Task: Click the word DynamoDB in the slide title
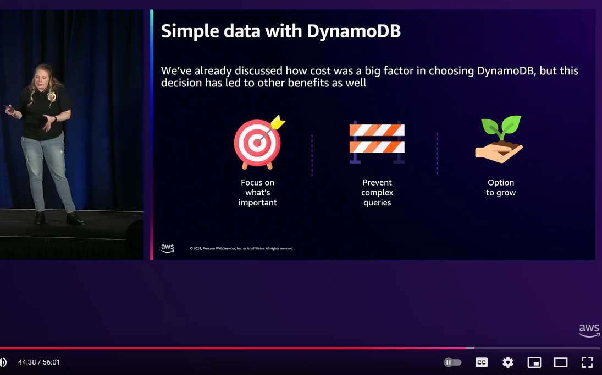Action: (x=354, y=31)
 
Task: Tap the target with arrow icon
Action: (x=259, y=142)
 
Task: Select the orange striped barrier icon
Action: (x=377, y=142)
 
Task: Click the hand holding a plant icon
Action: (x=499, y=139)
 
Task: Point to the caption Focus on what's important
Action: (x=258, y=192)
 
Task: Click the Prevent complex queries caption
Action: (x=377, y=192)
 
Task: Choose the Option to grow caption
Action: (x=501, y=187)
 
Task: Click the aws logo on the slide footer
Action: (x=167, y=248)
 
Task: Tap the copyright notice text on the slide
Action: (x=241, y=248)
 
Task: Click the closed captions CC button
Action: (x=482, y=362)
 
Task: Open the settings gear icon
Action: (x=508, y=362)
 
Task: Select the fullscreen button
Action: (x=587, y=362)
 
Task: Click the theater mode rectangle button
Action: (x=561, y=362)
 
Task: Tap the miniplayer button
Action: (x=534, y=362)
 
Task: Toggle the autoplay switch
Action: (x=452, y=362)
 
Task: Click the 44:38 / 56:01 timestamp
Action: (x=39, y=362)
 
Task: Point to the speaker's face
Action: (x=41, y=78)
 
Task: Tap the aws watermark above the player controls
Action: (x=589, y=330)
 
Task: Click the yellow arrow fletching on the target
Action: (x=278, y=122)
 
